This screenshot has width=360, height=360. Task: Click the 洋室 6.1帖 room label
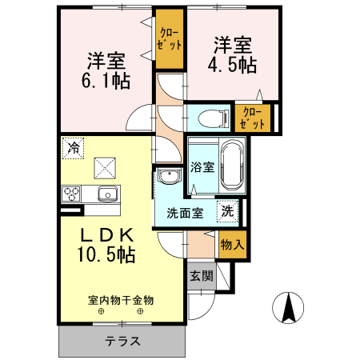click(106, 70)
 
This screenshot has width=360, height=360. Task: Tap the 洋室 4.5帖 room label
click(233, 55)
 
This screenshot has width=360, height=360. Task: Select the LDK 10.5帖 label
click(106, 245)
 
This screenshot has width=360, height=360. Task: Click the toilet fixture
click(214, 118)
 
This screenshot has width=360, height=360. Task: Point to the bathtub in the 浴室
click(232, 166)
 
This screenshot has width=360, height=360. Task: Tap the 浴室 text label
click(202, 167)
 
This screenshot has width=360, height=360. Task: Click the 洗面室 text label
click(185, 213)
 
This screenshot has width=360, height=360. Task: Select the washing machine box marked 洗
click(227, 211)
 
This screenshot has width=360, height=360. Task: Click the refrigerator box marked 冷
click(73, 148)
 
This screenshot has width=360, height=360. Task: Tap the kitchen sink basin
click(107, 194)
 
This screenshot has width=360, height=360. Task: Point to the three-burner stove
click(71, 194)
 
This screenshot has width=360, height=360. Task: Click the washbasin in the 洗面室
click(169, 176)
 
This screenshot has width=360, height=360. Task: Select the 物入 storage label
click(232, 244)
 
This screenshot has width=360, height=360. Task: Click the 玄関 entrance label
click(202, 276)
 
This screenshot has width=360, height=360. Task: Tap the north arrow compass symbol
click(288, 308)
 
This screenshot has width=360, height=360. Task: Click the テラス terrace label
click(122, 341)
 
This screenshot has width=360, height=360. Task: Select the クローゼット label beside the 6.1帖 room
click(169, 39)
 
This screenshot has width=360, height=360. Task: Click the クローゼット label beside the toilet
click(252, 118)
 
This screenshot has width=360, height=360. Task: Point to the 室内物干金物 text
click(121, 300)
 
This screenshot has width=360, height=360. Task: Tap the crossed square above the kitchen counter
click(105, 168)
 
